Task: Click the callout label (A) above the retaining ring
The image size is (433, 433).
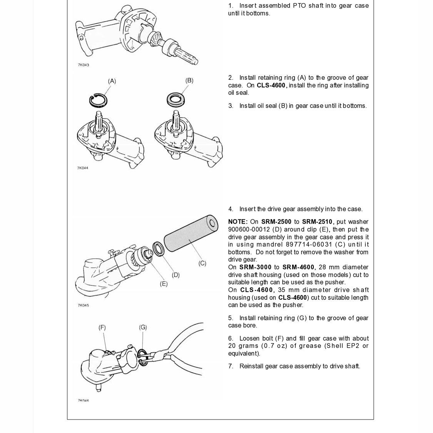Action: (112, 81)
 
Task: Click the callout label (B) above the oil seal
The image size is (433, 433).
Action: (189, 80)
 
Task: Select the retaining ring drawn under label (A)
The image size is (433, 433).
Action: (98, 100)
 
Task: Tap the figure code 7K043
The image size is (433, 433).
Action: (84, 65)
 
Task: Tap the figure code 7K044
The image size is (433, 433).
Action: (83, 168)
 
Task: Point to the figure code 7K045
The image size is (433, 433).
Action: (84, 305)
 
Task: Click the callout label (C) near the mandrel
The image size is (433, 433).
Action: (202, 263)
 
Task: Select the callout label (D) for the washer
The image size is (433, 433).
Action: (176, 275)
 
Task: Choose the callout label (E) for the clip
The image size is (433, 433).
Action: (164, 284)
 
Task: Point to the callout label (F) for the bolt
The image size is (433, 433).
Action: (102, 328)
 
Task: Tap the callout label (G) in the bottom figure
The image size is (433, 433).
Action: (143, 328)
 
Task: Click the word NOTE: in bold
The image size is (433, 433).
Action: (238, 222)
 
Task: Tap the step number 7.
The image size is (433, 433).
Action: (231, 366)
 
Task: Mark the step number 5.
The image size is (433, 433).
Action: (231, 318)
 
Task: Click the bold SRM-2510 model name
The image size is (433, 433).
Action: (318, 222)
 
